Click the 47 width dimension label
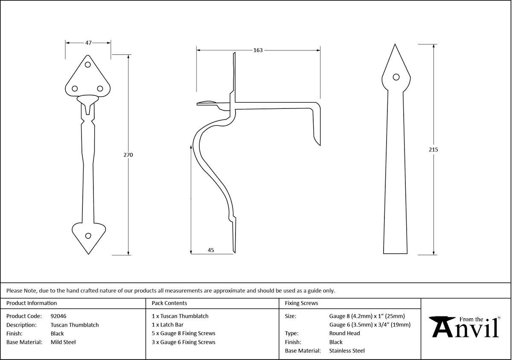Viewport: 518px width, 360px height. click(88, 43)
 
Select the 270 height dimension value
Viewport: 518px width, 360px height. click(128, 155)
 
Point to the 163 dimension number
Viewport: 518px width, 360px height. click(258, 50)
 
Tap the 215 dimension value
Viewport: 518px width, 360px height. click(434, 149)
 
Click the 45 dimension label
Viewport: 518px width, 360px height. click(211, 250)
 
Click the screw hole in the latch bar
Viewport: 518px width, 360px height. click(396, 77)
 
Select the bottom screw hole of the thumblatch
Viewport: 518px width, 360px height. click(88, 236)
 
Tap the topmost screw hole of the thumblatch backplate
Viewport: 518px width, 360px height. click(88, 65)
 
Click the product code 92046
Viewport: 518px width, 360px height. click(58, 316)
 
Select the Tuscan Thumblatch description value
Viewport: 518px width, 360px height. click(74, 325)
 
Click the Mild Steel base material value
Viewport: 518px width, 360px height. click(63, 342)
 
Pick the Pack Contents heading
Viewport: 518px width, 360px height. click(169, 303)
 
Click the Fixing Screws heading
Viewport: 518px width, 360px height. click(301, 303)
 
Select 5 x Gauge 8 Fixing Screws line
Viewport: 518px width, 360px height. click(183, 334)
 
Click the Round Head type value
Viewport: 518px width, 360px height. click(344, 334)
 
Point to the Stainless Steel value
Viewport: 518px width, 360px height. click(347, 351)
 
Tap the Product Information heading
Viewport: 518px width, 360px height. click(32, 303)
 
